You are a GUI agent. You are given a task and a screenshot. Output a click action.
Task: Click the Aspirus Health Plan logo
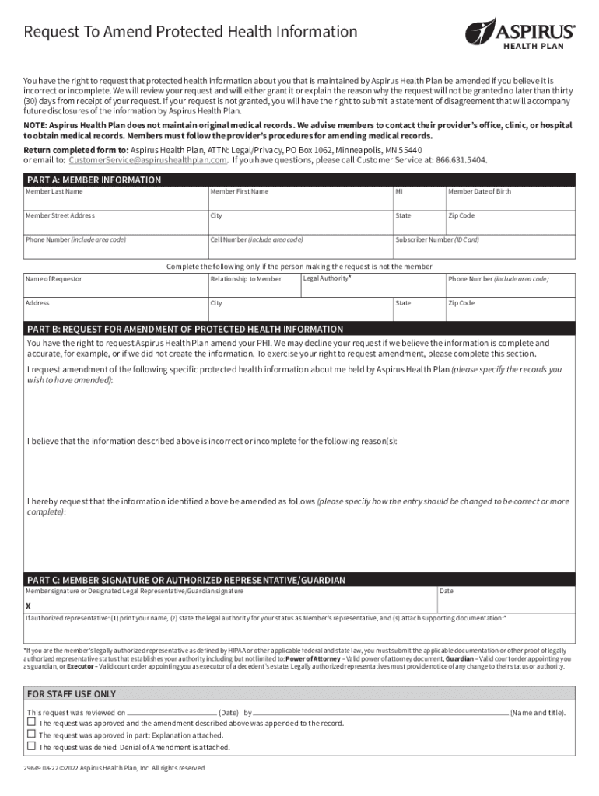(520, 33)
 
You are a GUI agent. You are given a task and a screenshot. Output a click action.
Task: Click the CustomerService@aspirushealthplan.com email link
(148, 160)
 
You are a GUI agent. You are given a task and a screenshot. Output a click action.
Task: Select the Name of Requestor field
(115, 285)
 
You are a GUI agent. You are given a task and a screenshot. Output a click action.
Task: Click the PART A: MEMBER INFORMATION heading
(94, 180)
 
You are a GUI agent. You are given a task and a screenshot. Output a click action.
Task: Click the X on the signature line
(29, 606)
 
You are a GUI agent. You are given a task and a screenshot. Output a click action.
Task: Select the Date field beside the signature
(506, 600)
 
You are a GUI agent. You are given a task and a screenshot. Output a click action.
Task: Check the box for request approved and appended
(32, 722)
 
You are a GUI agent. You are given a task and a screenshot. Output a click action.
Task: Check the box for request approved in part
(32, 735)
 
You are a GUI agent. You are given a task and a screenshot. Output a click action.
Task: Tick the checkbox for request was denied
(32, 746)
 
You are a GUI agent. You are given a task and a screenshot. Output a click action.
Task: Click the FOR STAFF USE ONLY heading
(72, 694)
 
